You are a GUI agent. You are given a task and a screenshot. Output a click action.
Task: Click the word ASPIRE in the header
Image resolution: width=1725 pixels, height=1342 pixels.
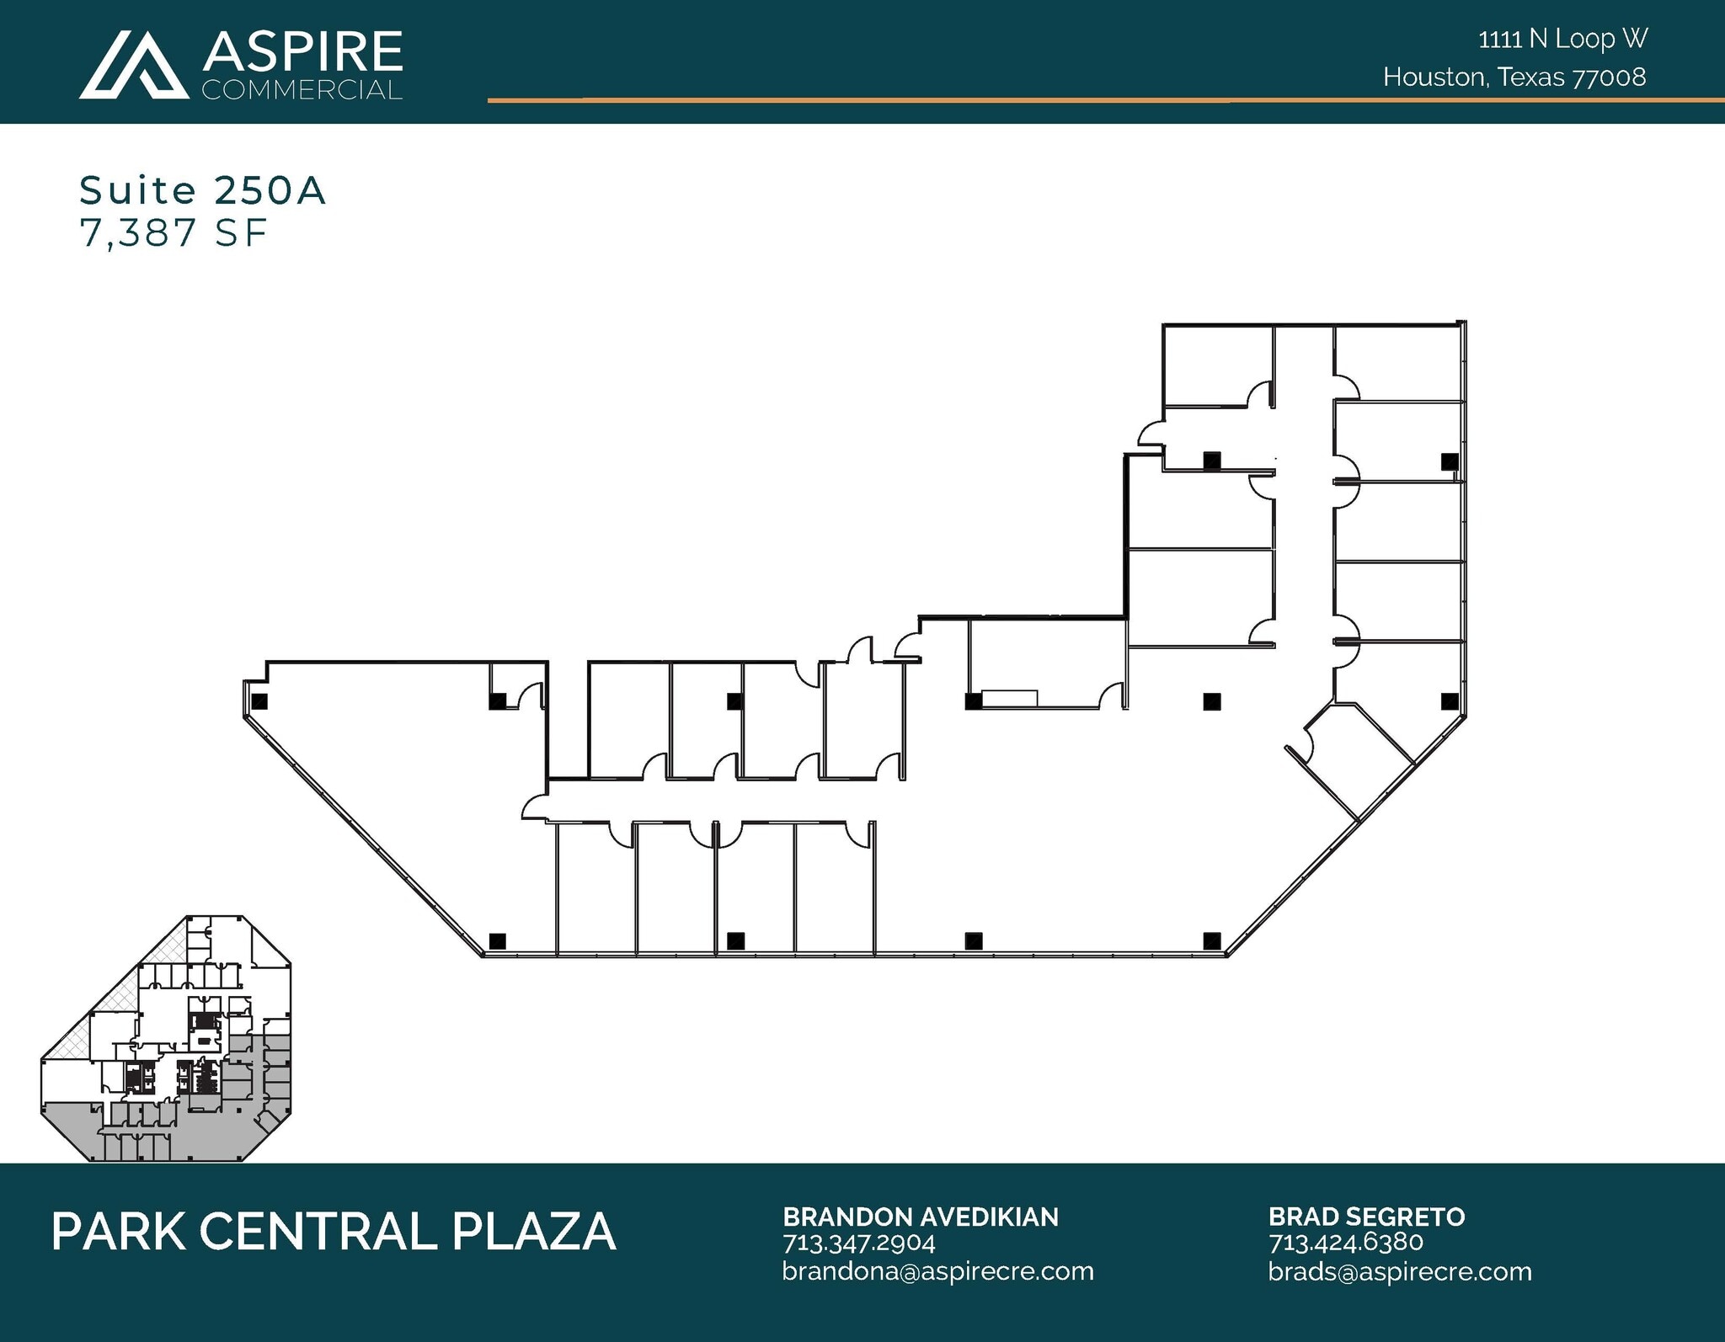302,51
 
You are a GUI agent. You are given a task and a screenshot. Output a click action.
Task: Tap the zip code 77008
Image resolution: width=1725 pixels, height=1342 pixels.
1609,77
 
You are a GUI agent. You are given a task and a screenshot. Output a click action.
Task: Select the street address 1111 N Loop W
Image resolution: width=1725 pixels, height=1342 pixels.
1562,39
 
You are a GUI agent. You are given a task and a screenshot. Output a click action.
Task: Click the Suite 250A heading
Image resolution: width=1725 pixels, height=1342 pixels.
202,190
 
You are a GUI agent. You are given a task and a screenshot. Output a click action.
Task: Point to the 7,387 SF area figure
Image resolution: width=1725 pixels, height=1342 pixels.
174,233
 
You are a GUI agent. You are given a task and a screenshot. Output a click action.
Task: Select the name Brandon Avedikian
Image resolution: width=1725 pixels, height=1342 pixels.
920,1217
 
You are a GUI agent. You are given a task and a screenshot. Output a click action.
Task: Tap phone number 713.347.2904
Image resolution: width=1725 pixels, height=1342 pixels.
858,1243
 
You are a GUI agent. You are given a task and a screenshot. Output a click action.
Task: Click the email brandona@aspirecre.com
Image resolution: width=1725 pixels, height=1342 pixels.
937,1270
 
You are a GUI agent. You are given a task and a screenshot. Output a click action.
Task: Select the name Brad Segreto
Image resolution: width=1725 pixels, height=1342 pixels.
1366,1217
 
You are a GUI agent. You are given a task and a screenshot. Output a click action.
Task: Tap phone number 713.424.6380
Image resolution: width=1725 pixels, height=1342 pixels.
1345,1242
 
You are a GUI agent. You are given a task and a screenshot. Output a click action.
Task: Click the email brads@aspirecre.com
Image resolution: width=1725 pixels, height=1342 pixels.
1400,1270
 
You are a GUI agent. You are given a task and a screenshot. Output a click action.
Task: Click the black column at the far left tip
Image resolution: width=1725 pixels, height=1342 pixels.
259,700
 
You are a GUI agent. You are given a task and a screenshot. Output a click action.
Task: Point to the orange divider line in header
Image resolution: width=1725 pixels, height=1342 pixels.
1095,100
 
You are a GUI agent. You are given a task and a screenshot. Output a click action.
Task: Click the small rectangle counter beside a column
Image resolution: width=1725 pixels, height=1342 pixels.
1010,698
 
